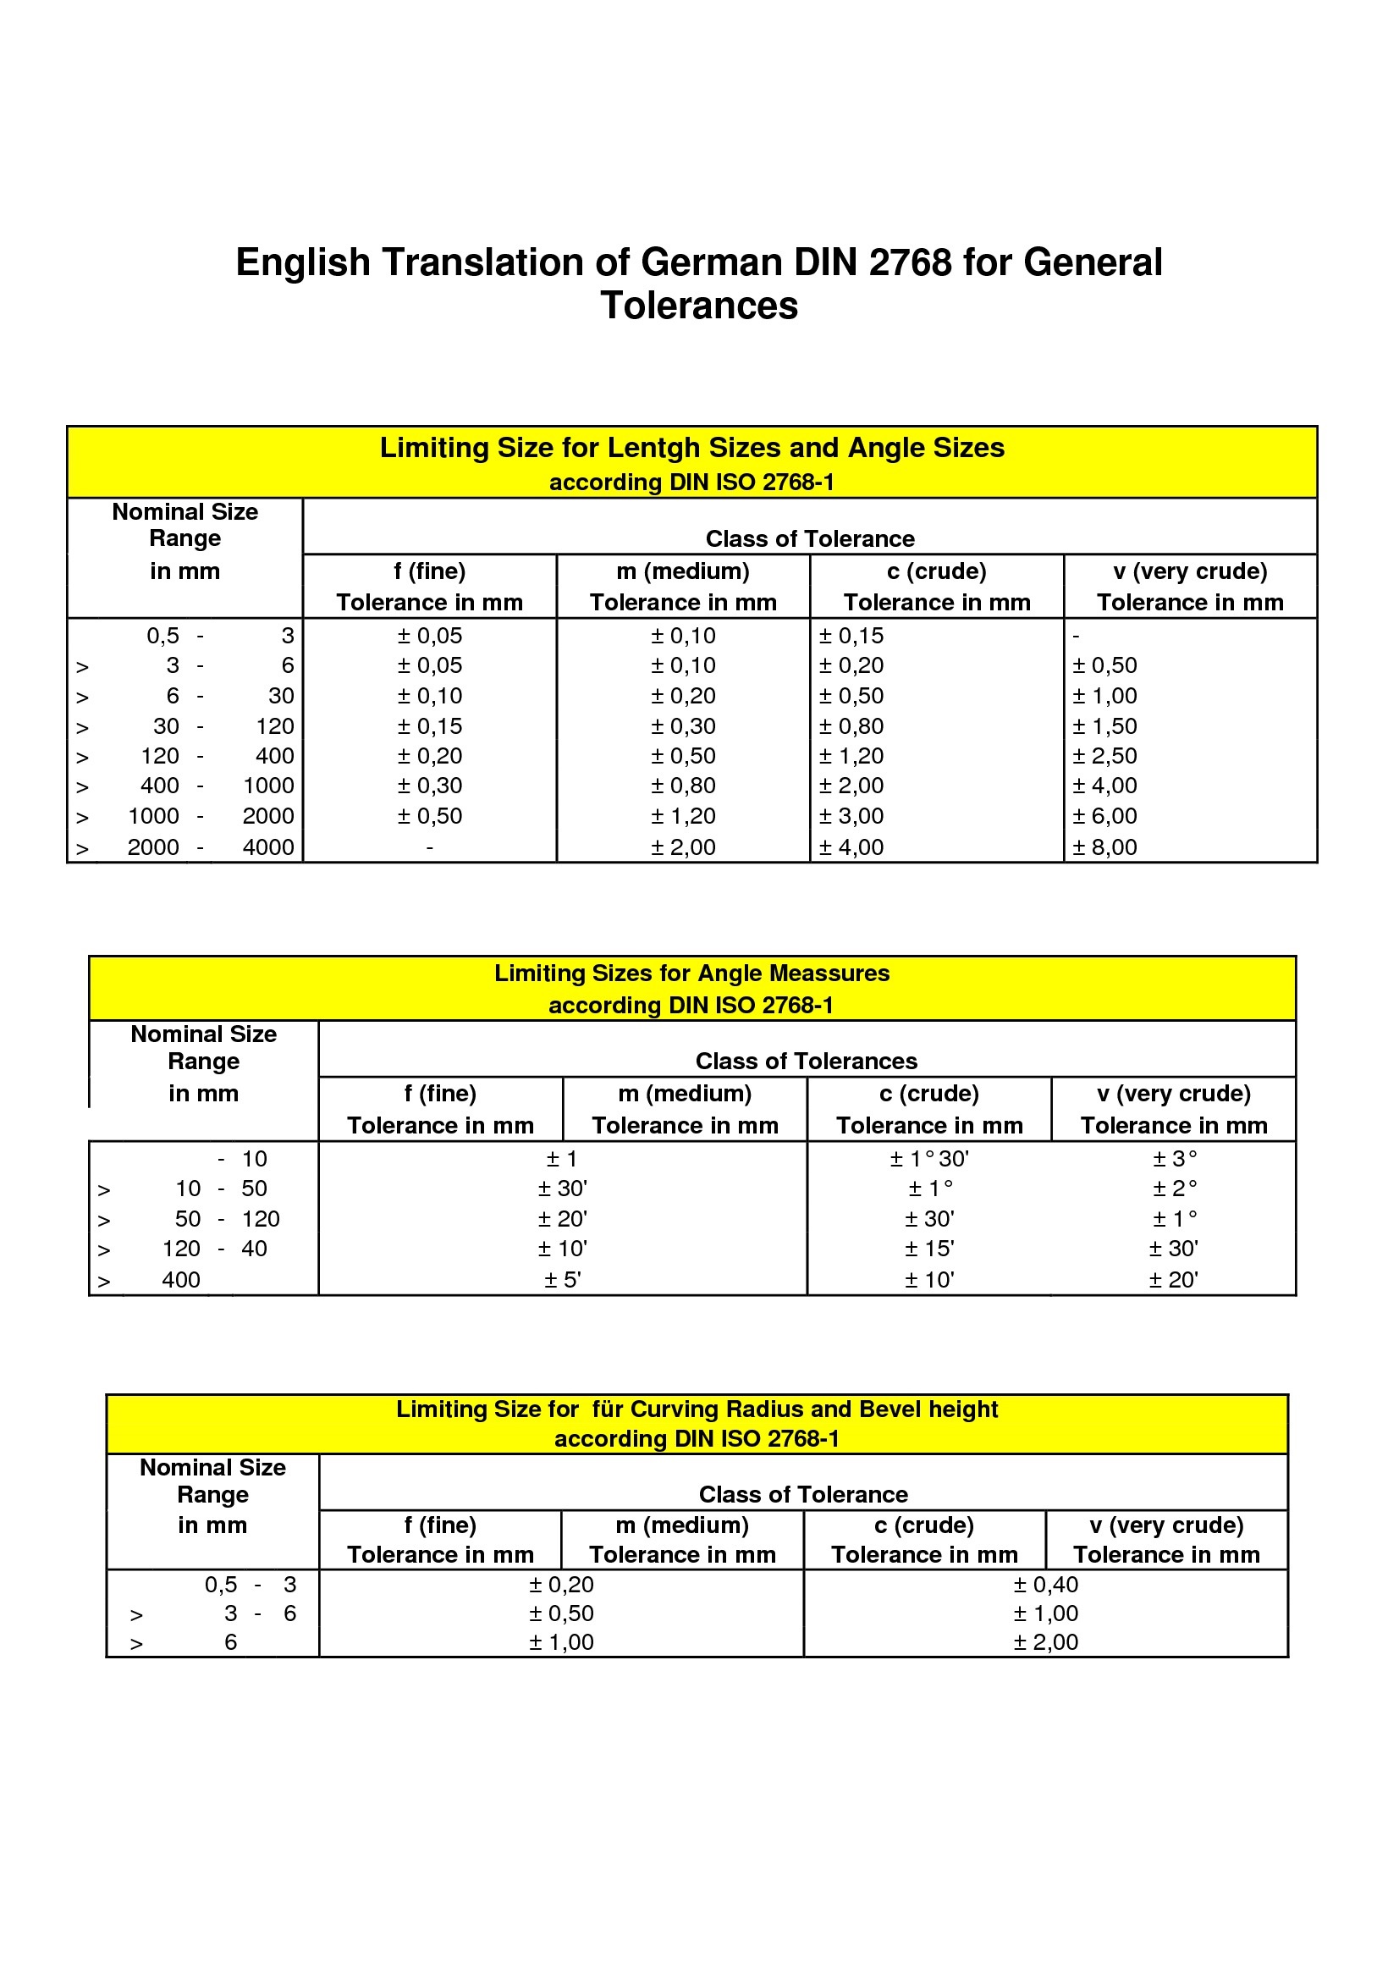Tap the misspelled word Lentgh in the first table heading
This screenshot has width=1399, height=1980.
642,448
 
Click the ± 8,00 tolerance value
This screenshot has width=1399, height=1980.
1104,847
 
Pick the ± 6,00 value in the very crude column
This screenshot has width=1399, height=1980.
1104,817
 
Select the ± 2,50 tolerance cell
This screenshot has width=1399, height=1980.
1104,756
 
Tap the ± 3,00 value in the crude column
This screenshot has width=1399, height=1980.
851,817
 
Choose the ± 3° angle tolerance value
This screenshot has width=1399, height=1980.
1174,1159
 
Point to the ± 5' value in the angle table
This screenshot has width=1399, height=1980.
562,1280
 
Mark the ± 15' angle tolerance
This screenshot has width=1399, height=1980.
929,1249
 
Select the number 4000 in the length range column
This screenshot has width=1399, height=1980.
268,847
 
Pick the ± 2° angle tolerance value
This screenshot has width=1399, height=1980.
1174,1189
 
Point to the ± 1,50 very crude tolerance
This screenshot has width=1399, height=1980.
1104,726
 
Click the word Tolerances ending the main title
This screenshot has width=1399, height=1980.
699,306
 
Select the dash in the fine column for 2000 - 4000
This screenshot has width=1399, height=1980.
429,847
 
